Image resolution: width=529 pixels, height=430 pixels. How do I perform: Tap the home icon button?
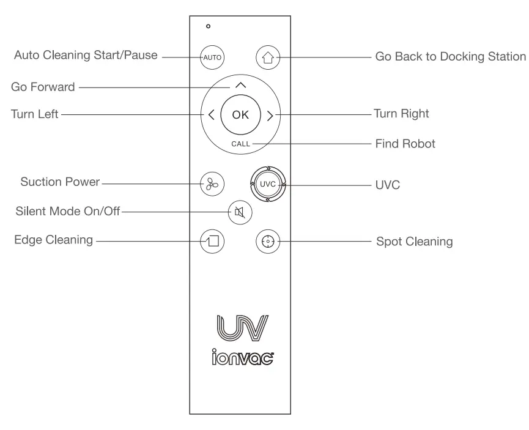[267, 58]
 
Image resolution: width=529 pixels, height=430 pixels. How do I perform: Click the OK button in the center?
[240, 115]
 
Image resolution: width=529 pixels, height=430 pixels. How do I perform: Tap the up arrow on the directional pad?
[240, 86]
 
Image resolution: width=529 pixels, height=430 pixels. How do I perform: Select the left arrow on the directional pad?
[211, 115]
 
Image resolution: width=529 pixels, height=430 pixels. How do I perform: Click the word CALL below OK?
[240, 144]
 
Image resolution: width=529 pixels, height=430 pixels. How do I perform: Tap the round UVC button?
[267, 183]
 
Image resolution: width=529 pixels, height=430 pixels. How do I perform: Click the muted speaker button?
[240, 212]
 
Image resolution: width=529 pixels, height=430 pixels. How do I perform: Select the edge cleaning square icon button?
[212, 241]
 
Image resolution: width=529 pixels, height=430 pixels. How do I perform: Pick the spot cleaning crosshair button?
[267, 241]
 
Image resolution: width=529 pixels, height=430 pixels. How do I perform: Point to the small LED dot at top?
[209, 26]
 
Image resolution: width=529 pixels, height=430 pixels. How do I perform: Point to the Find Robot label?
[405, 144]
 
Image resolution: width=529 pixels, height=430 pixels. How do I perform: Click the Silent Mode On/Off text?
[67, 212]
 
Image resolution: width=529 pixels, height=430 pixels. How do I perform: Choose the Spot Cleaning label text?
[413, 241]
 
